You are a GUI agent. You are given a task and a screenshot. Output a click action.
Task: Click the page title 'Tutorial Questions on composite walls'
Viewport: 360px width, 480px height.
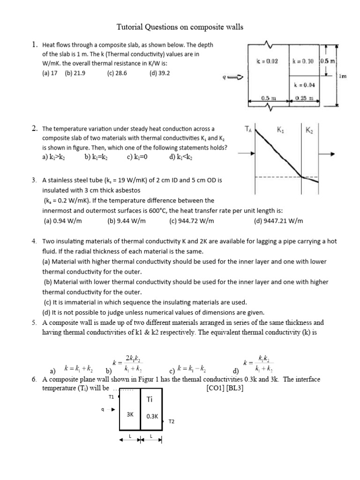click(180, 27)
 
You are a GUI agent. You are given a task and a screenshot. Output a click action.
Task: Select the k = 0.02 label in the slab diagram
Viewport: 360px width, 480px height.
click(267, 61)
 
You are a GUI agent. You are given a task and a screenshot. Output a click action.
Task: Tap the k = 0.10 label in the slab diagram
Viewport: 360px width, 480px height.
click(303, 61)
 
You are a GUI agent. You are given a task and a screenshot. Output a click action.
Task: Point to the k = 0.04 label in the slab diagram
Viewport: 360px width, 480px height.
click(304, 85)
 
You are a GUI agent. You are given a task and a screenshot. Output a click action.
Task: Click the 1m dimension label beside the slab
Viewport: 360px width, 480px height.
click(343, 76)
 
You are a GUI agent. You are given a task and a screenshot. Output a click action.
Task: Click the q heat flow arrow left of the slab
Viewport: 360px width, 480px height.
click(232, 78)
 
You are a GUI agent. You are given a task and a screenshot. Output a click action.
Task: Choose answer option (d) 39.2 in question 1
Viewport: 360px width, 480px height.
click(160, 73)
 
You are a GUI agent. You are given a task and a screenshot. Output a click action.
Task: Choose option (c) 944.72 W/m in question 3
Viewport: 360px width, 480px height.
click(192, 221)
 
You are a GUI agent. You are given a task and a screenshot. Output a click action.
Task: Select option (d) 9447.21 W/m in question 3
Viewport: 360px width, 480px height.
click(278, 221)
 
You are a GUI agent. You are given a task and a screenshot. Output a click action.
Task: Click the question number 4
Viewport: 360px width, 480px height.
click(34, 241)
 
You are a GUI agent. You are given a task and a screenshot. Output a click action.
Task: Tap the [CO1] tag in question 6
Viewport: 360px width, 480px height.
click(216, 388)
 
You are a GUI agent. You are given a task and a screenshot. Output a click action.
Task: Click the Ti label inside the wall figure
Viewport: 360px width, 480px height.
click(150, 399)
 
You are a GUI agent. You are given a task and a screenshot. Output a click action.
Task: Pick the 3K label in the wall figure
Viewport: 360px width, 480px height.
click(131, 414)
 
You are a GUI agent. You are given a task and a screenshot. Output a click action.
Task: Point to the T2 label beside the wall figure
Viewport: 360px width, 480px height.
click(172, 421)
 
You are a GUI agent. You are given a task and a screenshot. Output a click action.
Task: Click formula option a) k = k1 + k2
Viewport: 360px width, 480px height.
click(73, 368)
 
